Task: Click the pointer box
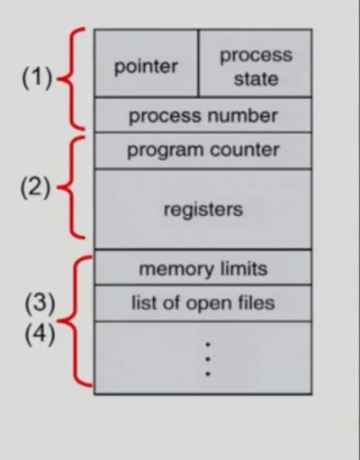[146, 66]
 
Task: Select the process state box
[255, 66]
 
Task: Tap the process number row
[202, 116]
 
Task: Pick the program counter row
[202, 150]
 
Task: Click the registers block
[202, 210]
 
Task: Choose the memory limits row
[202, 268]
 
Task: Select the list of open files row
[202, 302]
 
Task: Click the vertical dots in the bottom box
[207, 358]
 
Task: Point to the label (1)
[38, 78]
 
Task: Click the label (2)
[37, 191]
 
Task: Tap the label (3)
[39, 302]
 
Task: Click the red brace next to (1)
[70, 78]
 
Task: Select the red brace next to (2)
[70, 189]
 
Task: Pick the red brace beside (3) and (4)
[79, 320]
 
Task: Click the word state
[256, 78]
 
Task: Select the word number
[247, 116]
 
